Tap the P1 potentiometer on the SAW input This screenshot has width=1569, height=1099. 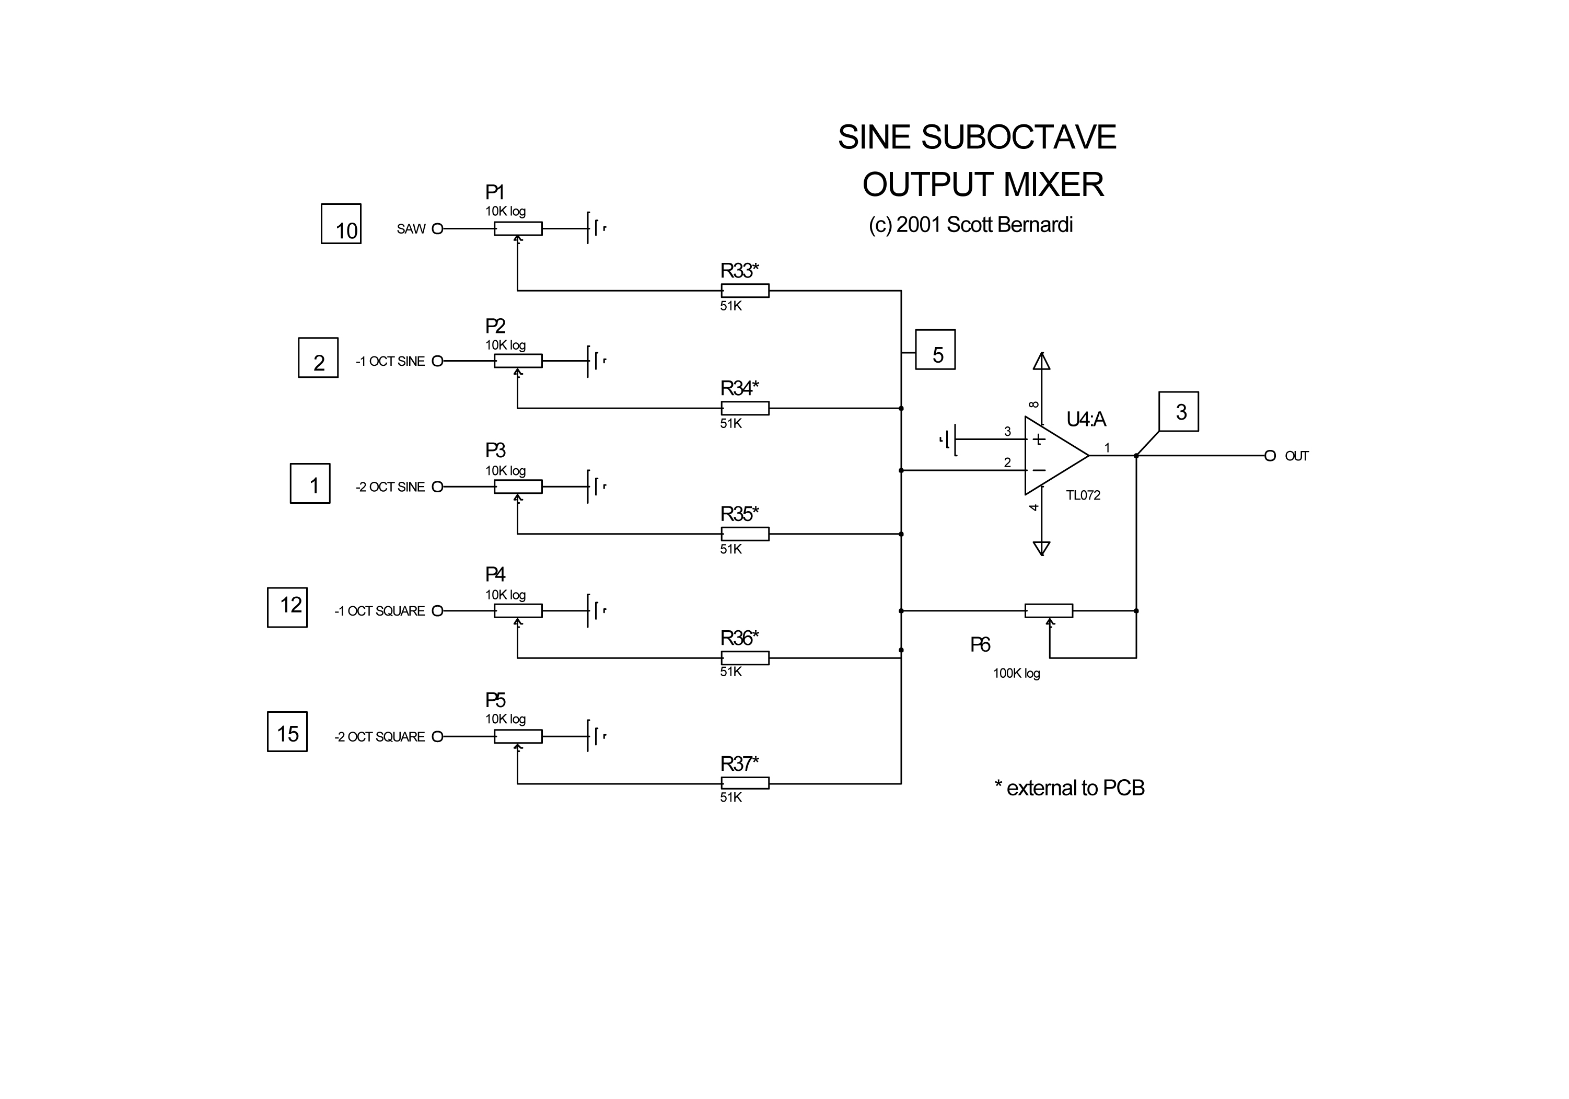point(518,228)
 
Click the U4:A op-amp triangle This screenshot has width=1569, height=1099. point(1052,455)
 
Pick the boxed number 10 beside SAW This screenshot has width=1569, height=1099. point(341,224)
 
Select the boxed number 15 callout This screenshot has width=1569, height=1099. point(287,732)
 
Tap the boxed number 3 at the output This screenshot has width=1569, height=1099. point(1178,411)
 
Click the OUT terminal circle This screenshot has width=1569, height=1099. point(1270,456)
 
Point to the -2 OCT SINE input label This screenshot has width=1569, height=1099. point(390,487)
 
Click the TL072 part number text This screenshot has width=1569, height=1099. point(1083,495)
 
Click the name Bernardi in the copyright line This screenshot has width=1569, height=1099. point(1032,225)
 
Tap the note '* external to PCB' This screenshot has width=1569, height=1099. point(1069,788)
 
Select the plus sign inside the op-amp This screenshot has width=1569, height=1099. point(1039,439)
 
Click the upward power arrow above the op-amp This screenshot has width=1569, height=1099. point(1041,361)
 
